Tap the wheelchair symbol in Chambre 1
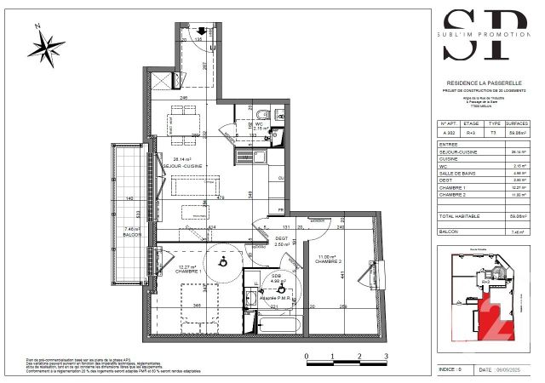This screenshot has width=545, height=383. [x=223, y=260]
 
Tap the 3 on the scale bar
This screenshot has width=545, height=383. [x=386, y=357]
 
